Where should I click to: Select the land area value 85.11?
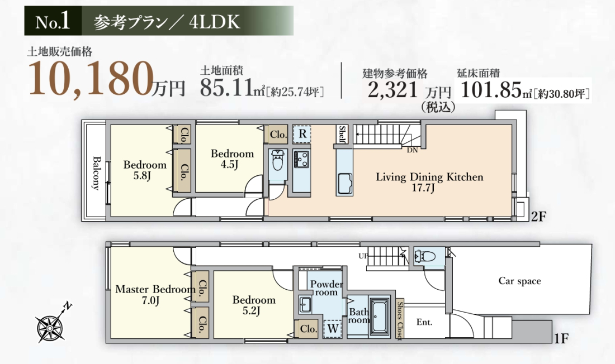226,88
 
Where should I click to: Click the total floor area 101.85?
491,90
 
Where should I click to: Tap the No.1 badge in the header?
53,21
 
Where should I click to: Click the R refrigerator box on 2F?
302,134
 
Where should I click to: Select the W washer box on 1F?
333,328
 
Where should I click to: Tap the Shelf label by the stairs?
342,134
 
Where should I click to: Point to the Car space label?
520,281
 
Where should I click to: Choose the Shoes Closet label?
400,320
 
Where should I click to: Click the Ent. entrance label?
424,322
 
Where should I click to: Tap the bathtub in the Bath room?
380,317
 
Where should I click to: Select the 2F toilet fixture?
278,160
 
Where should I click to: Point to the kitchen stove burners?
301,159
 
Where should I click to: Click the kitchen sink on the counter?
344,183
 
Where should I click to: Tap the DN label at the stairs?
412,150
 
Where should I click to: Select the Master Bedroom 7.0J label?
155,295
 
